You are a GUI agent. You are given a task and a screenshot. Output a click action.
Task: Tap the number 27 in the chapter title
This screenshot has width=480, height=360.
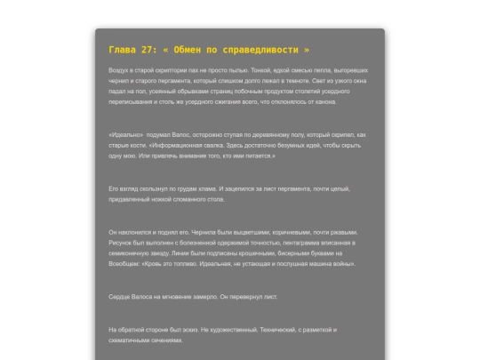(x=148, y=50)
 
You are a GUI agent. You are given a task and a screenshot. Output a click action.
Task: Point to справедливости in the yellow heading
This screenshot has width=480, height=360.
(x=265, y=50)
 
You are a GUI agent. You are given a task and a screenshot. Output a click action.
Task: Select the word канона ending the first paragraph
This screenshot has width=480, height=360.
(x=322, y=102)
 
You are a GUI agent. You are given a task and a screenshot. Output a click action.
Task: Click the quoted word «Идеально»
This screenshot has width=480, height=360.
(x=125, y=133)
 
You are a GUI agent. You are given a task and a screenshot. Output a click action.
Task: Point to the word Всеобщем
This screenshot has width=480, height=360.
(x=124, y=264)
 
